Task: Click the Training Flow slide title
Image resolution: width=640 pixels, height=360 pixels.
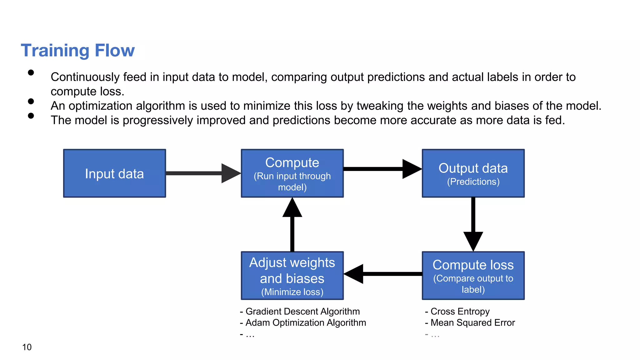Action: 77,51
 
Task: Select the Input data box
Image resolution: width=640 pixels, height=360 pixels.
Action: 114,173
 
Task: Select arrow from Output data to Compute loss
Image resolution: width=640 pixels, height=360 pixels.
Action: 473,223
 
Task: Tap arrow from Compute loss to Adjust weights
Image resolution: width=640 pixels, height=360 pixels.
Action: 383,274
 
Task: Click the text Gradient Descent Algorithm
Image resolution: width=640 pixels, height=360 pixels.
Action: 302,312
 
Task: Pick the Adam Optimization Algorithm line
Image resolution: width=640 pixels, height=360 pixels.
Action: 305,323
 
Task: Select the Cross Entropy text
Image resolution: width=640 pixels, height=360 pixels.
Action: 460,312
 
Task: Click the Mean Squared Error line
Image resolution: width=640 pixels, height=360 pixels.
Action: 472,323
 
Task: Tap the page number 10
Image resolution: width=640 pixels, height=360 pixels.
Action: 27,347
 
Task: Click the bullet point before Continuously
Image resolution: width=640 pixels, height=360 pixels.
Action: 31,73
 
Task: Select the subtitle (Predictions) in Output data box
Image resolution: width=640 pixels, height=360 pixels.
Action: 473,182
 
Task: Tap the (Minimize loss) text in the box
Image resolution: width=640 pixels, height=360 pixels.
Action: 292,292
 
